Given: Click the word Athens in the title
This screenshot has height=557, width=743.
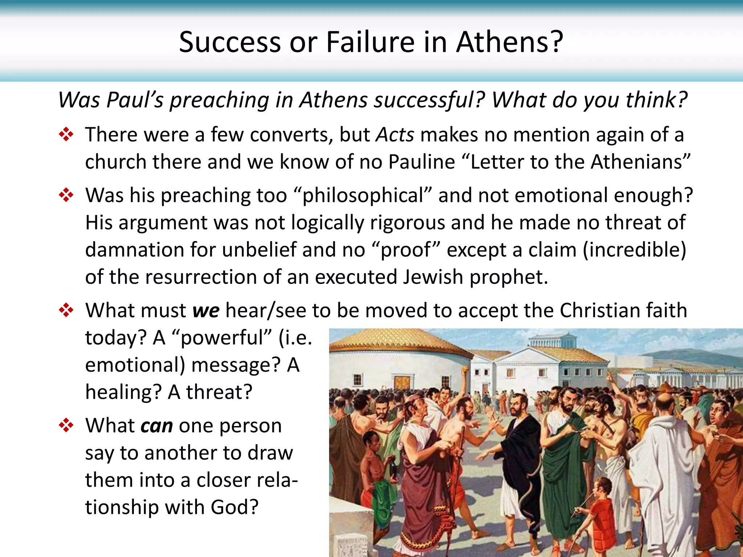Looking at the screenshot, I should pyautogui.click(x=509, y=42).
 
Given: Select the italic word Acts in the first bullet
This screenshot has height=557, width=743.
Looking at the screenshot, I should pyautogui.click(x=395, y=135).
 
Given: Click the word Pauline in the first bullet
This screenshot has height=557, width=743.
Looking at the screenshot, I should pyautogui.click(x=422, y=162).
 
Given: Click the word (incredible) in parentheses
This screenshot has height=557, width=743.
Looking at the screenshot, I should pyautogui.click(x=635, y=250).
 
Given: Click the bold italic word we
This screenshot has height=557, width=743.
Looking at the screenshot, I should pyautogui.click(x=206, y=311).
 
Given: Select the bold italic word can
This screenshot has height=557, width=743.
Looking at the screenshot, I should pyautogui.click(x=157, y=426).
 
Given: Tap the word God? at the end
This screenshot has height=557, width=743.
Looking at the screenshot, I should pyautogui.click(x=235, y=507).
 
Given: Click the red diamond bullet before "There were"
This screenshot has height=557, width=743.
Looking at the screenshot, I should pyautogui.click(x=66, y=135).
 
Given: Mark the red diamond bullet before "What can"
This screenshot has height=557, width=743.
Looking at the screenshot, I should pyautogui.click(x=66, y=425).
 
